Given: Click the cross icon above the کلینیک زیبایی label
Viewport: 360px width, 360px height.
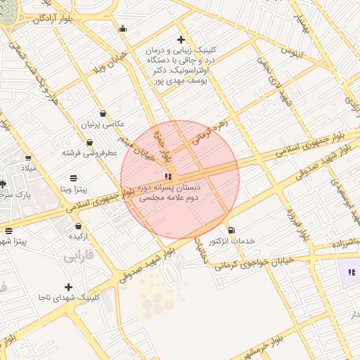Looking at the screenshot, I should coord(181,39).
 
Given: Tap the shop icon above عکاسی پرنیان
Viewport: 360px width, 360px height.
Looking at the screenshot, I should coord(103,113).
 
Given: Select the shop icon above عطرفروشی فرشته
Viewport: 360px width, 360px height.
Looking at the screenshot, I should coord(90,142).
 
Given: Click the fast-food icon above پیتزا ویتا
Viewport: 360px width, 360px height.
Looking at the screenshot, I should coord(74,178).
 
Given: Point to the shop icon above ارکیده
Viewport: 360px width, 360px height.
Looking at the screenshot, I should coord(78,226).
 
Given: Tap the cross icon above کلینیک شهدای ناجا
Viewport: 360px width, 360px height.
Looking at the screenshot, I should coord(68,287).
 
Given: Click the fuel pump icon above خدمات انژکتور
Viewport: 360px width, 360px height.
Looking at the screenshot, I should coord(232,230).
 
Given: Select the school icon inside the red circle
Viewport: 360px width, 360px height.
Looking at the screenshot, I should coord(167,176).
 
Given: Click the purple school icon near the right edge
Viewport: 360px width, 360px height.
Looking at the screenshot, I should coord(352,272).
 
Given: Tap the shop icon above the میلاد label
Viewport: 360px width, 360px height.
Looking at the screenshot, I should coord(28,158).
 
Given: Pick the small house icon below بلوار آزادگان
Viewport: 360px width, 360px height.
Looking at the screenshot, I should coord(124,29).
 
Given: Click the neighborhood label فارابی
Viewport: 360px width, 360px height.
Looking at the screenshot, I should coord(79,257).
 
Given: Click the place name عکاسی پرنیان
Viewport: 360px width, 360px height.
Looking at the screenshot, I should coord(103,124).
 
